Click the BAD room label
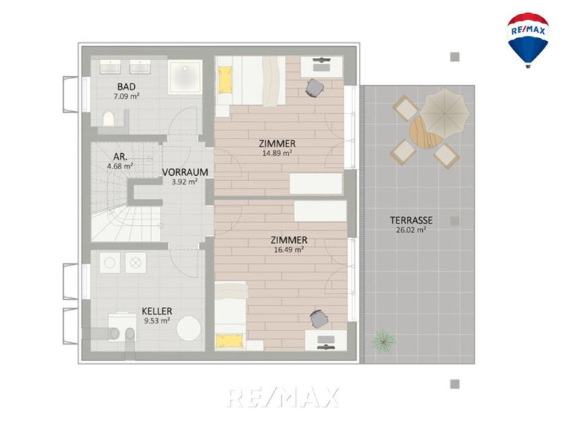click(126, 86)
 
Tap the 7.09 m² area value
click(126, 96)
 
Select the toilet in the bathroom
click(109, 119)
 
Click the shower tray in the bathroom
click(185, 77)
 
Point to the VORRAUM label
click(185, 172)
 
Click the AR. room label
click(120, 157)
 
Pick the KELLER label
click(157, 311)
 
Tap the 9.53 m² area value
click(157, 321)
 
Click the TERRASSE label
click(411, 220)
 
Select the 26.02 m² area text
click(411, 230)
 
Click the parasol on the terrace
click(445, 114)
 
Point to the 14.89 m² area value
click(277, 153)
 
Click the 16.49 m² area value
click(289, 249)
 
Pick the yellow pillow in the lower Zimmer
click(230, 341)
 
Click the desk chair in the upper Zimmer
click(315, 88)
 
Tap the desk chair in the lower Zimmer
click(319, 319)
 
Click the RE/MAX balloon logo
click(528, 40)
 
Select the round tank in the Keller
click(189, 328)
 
